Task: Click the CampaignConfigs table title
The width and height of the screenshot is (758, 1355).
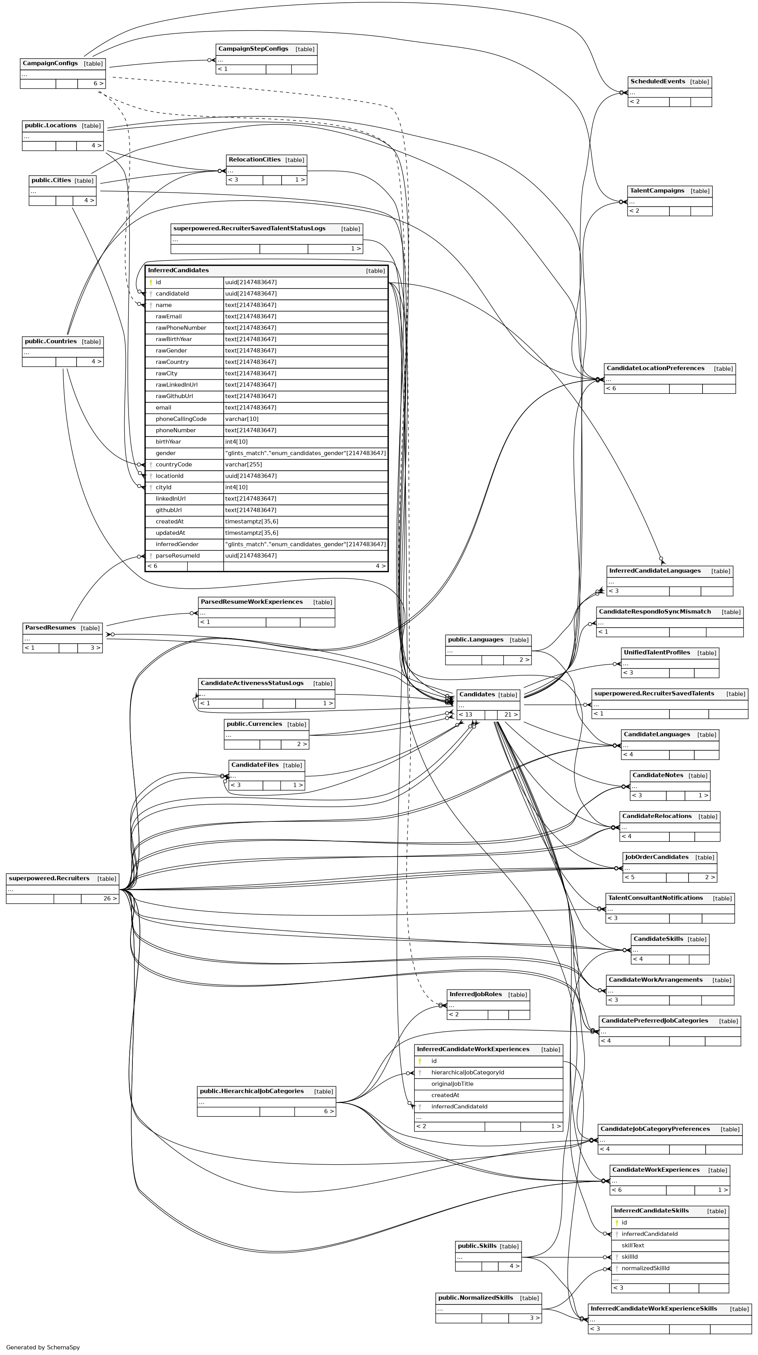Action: (50, 64)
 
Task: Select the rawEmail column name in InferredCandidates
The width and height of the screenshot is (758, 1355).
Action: (168, 317)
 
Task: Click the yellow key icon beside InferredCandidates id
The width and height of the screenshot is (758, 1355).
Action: (151, 282)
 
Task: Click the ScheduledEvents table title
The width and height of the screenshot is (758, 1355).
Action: (657, 82)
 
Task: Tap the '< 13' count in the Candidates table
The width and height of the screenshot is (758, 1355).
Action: (466, 715)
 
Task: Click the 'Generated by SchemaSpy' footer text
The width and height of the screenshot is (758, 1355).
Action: (43, 1347)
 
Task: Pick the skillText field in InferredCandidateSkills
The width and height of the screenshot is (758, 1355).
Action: (633, 1245)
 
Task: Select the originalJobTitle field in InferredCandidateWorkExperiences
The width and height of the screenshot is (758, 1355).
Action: (452, 1084)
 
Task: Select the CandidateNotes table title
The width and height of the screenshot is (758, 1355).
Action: (657, 775)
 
